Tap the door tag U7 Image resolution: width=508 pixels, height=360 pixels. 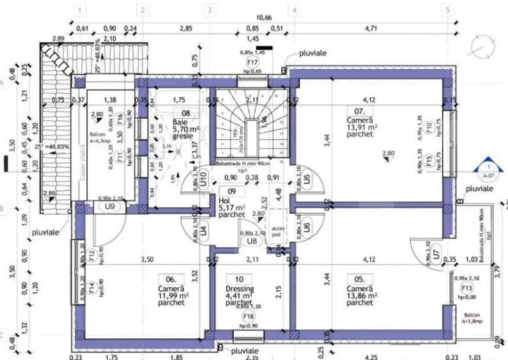pyautogui.click(x=436, y=254)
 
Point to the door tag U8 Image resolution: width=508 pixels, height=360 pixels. pyautogui.click(x=252, y=241)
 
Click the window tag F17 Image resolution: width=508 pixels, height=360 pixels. pyautogui.click(x=252, y=62)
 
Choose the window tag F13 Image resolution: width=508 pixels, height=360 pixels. pyautogui.click(x=467, y=289)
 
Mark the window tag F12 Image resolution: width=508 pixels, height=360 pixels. pyautogui.click(x=92, y=256)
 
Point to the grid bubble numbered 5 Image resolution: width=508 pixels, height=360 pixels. pyautogui.click(x=447, y=10)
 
